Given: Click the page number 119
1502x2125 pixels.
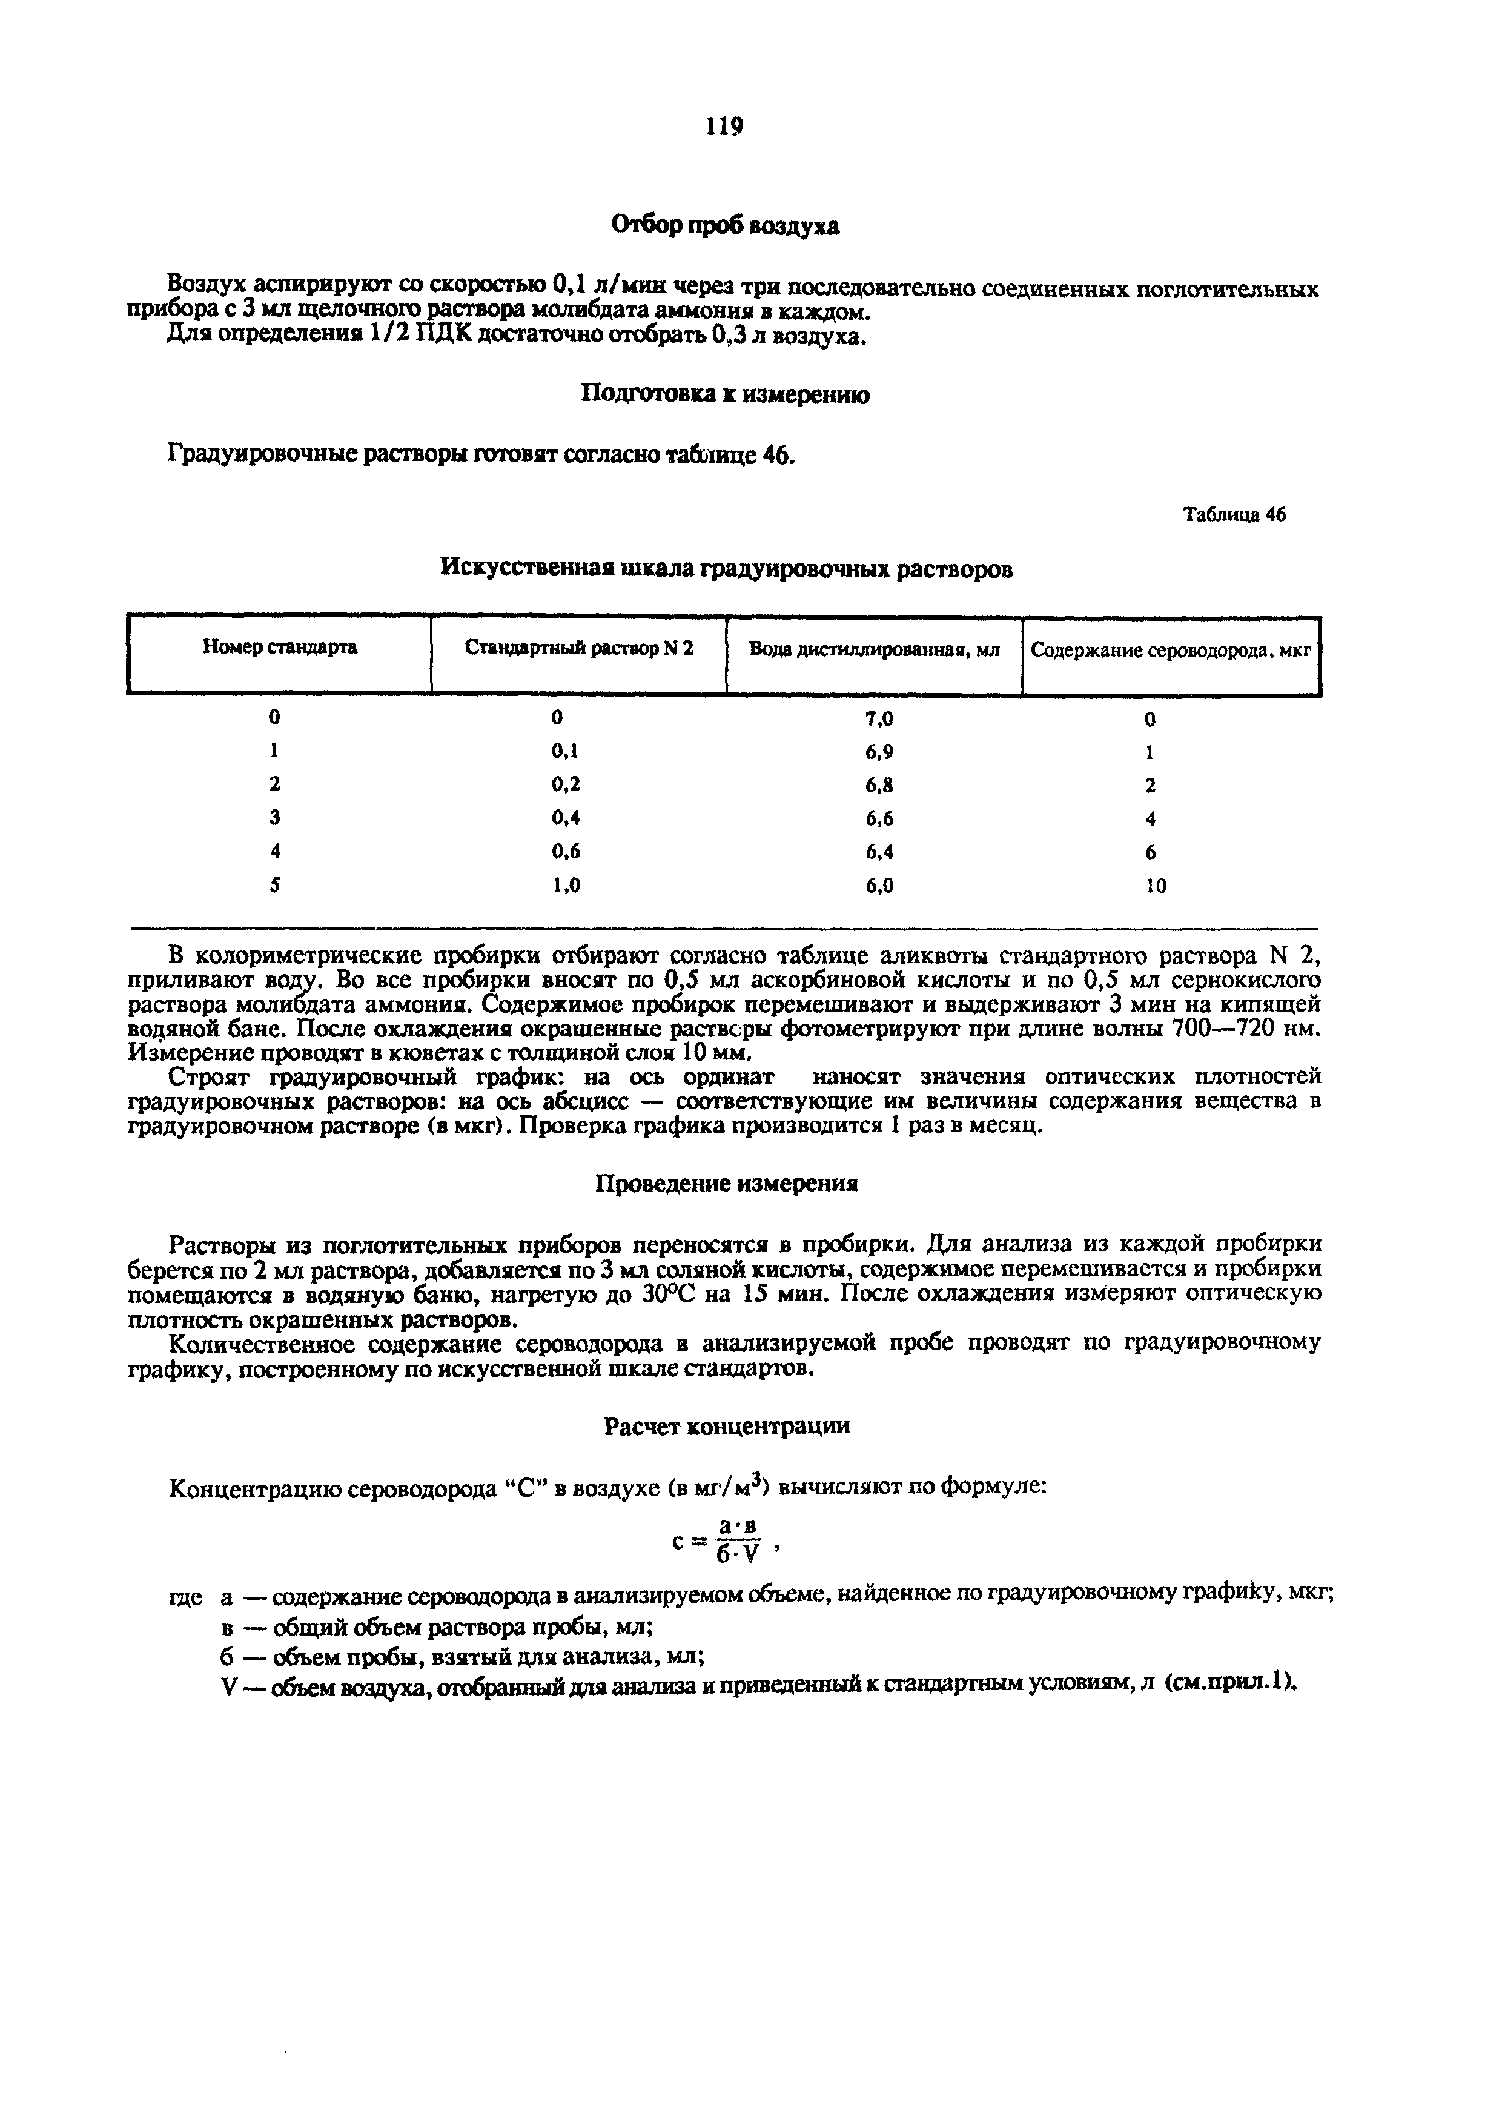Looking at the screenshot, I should (724, 126).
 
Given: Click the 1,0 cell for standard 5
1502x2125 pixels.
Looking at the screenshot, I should (566, 885).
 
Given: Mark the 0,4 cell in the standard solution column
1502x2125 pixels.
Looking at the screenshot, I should (566, 818).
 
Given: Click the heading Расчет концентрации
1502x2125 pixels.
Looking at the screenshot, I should (727, 1426).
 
